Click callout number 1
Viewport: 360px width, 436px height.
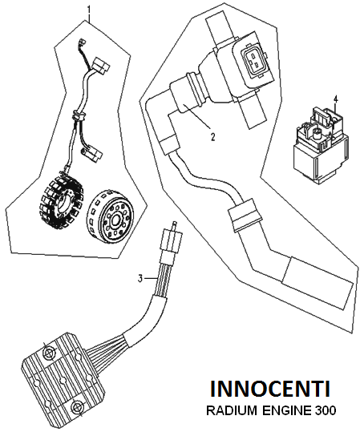point(89,10)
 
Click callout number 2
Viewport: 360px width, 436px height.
point(212,137)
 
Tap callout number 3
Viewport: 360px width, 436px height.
point(140,278)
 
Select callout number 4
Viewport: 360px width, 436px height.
point(336,99)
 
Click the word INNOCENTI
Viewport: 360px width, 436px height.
point(270,389)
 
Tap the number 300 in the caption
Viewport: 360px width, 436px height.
point(326,410)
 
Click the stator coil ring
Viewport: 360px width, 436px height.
point(61,200)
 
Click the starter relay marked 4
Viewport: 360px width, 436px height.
point(321,143)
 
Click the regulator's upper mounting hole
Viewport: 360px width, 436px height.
point(49,353)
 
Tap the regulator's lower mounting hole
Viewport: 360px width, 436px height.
point(75,407)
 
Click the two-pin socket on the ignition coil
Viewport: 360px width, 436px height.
point(253,59)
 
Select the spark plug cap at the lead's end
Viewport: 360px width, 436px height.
point(318,284)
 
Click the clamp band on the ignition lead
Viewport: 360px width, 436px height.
point(245,215)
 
